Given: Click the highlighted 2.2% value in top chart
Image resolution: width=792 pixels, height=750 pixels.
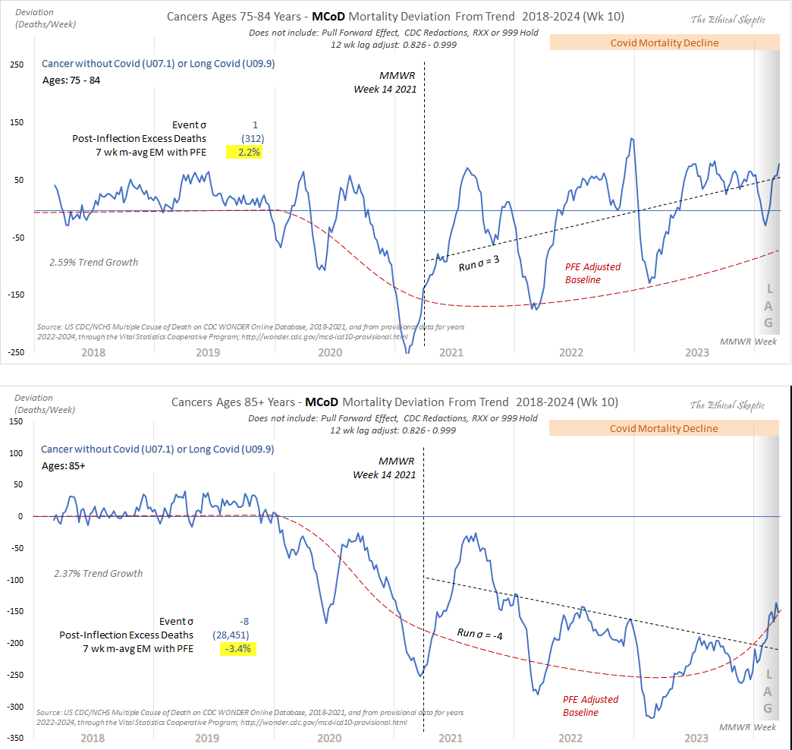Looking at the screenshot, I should tap(244, 153).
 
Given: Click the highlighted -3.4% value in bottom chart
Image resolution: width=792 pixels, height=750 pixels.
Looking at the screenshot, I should tap(237, 649).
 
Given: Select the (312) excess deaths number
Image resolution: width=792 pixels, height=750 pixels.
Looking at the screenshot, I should tap(253, 139).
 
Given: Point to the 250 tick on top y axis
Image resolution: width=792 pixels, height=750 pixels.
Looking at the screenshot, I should tap(16, 65).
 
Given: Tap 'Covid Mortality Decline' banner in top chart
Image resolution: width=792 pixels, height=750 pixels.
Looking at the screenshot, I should tap(664, 43).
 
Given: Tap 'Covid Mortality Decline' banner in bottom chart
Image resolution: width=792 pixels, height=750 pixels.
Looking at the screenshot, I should tap(664, 428).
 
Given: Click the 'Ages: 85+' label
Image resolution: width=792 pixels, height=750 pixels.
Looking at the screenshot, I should tap(63, 466).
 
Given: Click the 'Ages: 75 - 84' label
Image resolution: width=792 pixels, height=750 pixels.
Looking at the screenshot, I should tap(71, 81).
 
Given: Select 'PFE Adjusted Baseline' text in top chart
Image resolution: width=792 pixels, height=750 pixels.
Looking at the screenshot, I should tap(592, 273).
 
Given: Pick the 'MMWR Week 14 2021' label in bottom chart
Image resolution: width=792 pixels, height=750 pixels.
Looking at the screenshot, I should tap(385, 468).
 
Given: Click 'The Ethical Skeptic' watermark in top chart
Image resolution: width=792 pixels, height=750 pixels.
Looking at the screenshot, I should tap(728, 19).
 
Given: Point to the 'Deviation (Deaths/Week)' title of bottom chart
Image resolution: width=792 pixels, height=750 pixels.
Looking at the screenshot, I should tap(45, 403).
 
